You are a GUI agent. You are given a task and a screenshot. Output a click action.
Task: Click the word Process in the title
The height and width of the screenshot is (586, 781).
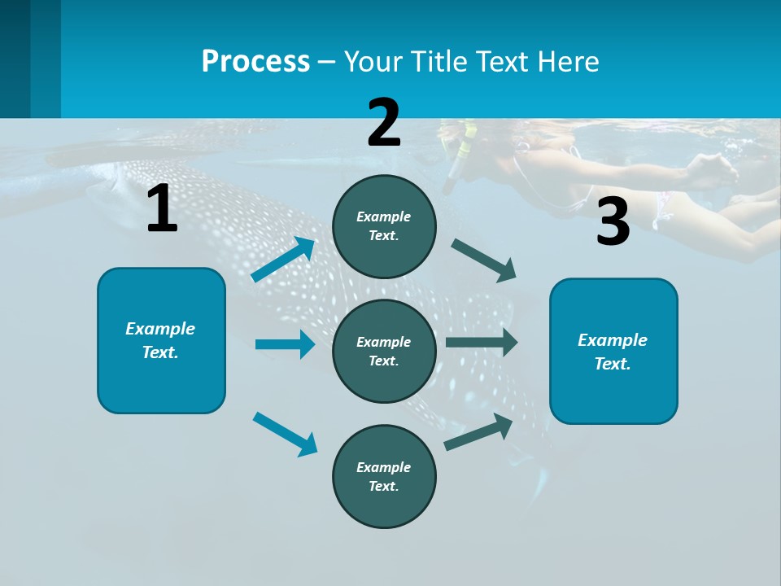click(255, 62)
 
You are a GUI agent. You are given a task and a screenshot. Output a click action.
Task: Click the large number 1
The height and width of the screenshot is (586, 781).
click(162, 209)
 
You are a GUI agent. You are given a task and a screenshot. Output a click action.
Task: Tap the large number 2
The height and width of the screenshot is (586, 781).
click(384, 122)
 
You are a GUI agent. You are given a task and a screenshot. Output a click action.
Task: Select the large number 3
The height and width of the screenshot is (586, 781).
click(613, 222)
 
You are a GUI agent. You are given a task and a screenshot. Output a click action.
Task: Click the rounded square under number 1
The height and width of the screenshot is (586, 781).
click(161, 340)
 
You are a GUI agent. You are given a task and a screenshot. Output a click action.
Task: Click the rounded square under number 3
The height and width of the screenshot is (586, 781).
click(613, 351)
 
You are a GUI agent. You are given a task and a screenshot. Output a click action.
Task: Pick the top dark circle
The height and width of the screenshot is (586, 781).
click(384, 226)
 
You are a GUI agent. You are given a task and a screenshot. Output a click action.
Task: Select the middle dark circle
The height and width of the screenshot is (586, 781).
click(384, 351)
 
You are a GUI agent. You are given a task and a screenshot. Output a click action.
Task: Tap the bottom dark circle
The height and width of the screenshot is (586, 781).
click(384, 476)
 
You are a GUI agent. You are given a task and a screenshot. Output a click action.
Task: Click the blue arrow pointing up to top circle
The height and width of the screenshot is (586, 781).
click(282, 260)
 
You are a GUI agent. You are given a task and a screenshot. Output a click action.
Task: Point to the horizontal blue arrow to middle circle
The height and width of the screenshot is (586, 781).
click(284, 344)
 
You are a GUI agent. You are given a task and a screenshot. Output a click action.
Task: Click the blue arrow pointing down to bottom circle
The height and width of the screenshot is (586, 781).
click(285, 433)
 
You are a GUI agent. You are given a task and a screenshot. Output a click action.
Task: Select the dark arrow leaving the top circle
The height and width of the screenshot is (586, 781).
click(484, 260)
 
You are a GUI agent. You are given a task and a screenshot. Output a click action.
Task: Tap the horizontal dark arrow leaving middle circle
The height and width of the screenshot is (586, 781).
click(481, 342)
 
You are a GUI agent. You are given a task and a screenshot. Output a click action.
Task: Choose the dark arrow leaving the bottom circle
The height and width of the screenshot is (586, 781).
click(478, 432)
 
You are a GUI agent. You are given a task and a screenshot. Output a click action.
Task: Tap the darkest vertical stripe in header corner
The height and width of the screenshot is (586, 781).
click(15, 59)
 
